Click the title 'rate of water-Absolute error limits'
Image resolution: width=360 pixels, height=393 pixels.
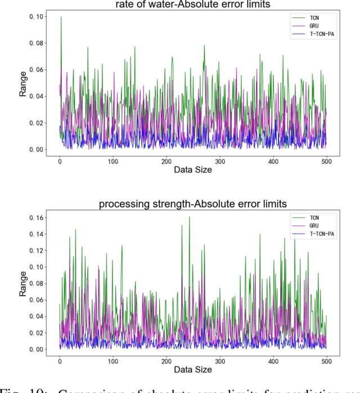pyautogui.click(x=192, y=5)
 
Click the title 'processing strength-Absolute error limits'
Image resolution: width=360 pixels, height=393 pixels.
pyautogui.click(x=192, y=203)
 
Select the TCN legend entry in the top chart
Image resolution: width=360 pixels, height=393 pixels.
pyautogui.click(x=307, y=18)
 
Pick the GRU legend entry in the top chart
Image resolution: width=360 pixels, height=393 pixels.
pyautogui.click(x=307, y=26)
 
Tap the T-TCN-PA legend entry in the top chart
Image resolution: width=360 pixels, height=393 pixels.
pyautogui.click(x=312, y=34)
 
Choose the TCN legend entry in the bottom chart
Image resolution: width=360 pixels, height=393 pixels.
pyautogui.click(x=307, y=217)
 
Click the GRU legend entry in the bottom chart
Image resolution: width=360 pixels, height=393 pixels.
pyautogui.click(x=307, y=225)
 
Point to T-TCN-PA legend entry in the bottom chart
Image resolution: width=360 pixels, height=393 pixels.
pyautogui.click(x=312, y=233)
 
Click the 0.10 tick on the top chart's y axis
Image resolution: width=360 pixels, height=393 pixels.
pyautogui.click(x=35, y=17)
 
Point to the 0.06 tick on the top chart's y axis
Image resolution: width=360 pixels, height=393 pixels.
pyautogui.click(x=35, y=70)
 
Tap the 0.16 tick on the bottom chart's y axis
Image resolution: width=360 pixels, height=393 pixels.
pyautogui.click(x=35, y=217)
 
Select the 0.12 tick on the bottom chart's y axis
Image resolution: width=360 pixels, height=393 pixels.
pyautogui.click(x=35, y=250)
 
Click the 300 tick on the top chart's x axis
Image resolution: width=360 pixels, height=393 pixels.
pyautogui.click(x=220, y=161)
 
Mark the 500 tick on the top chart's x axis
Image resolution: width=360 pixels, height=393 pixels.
pyautogui.click(x=326, y=161)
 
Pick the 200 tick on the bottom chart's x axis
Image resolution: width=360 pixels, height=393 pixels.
pyautogui.click(x=166, y=360)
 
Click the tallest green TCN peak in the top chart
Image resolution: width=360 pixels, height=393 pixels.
pyautogui.click(x=61, y=17)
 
